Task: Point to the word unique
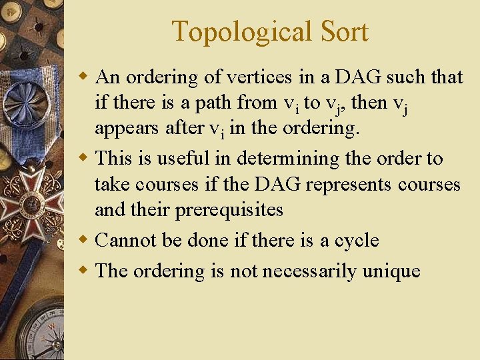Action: [x=391, y=271]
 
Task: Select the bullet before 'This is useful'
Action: [x=83, y=159]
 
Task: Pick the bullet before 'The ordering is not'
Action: [x=83, y=271]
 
